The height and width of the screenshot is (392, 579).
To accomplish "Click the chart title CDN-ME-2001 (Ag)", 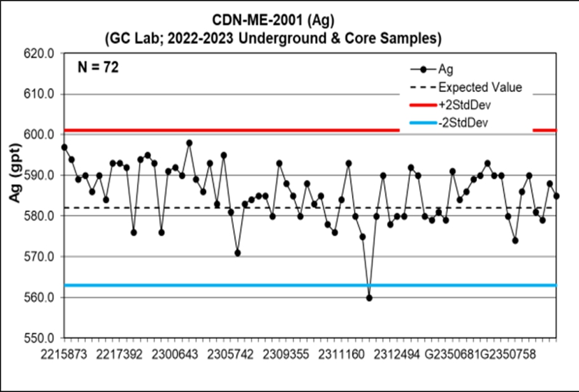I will coord(288,20).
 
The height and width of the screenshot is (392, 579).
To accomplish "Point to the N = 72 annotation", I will coord(97,68).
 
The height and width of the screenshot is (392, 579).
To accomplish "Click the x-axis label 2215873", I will coord(64,355).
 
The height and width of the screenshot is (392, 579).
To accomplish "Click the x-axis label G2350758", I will coord(508,355).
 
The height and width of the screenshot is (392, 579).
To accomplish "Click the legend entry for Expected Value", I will coord(480,87).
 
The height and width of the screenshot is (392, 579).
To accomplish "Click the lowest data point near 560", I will coord(369,298).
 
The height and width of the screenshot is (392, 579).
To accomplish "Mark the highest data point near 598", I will coord(189,143).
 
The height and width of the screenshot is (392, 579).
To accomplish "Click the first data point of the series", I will coord(64,147).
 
